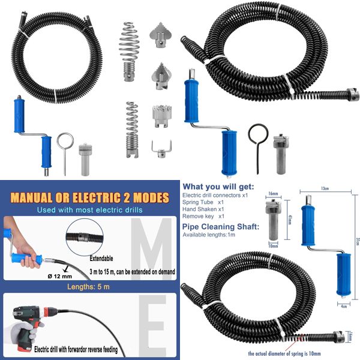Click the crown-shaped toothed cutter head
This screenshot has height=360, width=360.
pyautogui.click(x=162, y=116)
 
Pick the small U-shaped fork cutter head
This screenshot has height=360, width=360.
pyautogui.click(x=161, y=149)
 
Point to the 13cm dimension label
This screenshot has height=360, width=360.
pyautogui.click(x=325, y=188)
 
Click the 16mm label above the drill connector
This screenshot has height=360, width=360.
pyautogui.click(x=273, y=194)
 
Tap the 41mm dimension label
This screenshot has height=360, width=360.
pyautogui.click(x=290, y=220)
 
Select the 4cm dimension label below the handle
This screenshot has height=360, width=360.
pyautogui.click(x=343, y=306)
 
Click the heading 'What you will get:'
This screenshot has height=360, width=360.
pyautogui.click(x=218, y=187)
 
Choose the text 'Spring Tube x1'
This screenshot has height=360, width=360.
pyautogui.click(x=203, y=202)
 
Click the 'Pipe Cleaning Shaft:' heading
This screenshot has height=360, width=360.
pyautogui.click(x=221, y=227)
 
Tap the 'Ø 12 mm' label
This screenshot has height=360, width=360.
pyautogui.click(x=60, y=277)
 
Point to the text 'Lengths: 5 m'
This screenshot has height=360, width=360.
pyautogui.click(x=88, y=287)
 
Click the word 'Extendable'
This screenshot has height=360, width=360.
pyautogui.click(x=101, y=259)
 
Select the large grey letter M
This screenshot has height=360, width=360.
pyautogui.click(x=151, y=248)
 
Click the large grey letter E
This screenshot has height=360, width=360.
pyautogui.click(x=152, y=325)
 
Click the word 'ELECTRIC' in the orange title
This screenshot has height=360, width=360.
pyautogui.click(x=97, y=197)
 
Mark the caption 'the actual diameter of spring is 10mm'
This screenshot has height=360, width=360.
pyautogui.click(x=284, y=353)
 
